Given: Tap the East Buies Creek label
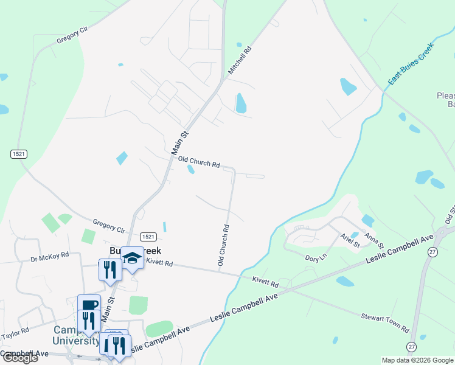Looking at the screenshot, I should (412, 63).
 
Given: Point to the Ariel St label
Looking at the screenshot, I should (350, 240).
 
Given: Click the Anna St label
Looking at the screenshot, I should (373, 240).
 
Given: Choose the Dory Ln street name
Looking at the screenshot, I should (316, 258).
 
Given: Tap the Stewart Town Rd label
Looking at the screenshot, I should (384, 322).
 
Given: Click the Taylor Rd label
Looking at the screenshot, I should (15, 333).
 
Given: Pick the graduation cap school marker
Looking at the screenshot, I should (132, 258).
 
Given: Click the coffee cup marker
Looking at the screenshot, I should (89, 305).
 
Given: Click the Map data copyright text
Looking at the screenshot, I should (417, 360).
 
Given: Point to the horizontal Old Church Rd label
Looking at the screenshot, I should (199, 162).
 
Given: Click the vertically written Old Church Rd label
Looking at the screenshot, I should (223, 245).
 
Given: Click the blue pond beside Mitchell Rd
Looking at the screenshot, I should (241, 103).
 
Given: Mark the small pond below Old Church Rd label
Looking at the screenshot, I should (191, 170).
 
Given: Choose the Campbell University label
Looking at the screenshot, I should (76, 335).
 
